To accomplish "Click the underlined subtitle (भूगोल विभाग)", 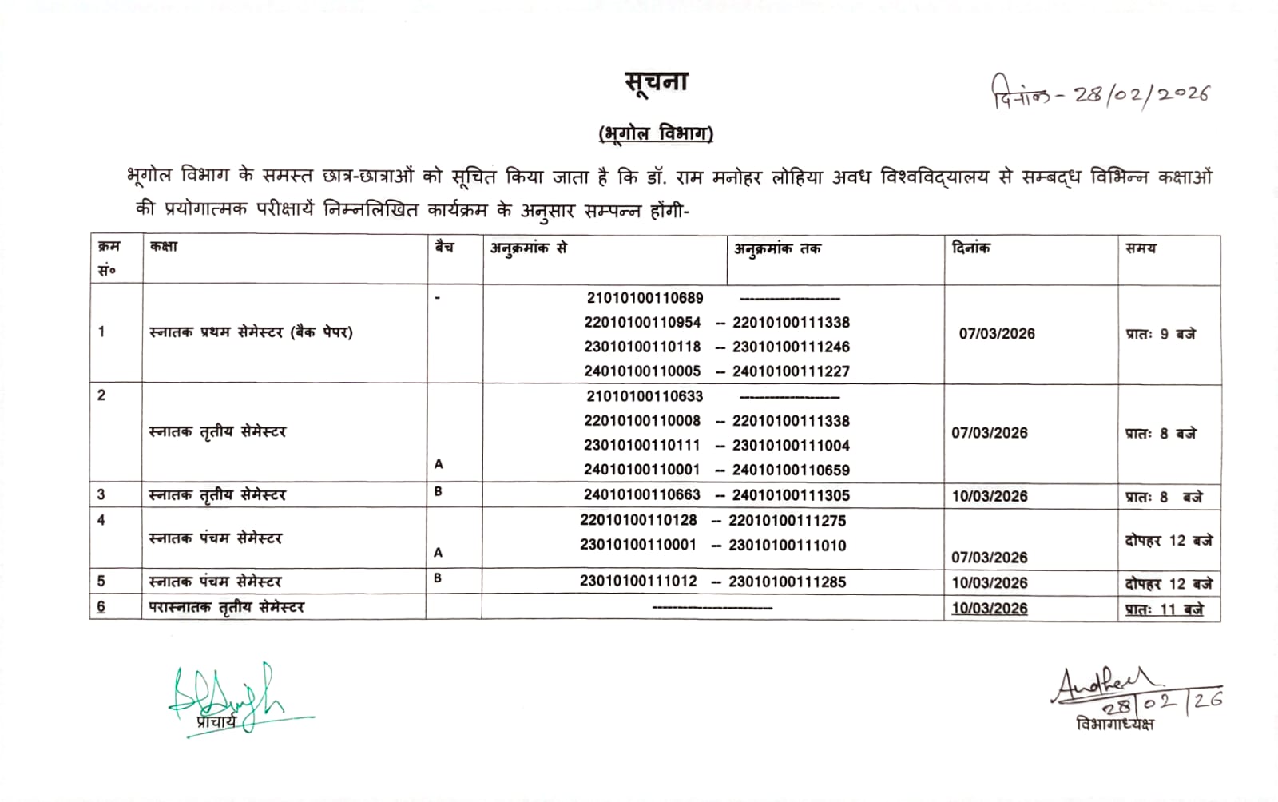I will point(656,133).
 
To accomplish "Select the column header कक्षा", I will point(164,247).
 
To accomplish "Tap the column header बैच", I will point(444,248).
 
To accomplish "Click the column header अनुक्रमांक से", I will point(528,248).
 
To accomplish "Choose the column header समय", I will point(1141,248).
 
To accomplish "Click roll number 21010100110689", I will point(645,298).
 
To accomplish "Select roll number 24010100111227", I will point(791,371).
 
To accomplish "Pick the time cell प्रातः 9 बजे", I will point(1161,334).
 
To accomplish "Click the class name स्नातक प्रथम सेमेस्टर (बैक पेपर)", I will point(251,332).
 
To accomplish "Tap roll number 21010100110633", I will point(645,396).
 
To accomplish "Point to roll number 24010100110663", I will point(641,495).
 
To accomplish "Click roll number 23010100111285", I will point(787,582).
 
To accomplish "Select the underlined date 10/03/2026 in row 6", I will point(989,609).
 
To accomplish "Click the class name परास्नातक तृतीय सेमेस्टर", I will point(227,608).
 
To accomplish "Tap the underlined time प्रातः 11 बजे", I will point(1164,609).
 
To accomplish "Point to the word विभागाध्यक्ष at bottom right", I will point(1114,725).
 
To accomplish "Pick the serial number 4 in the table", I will point(101,520).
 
